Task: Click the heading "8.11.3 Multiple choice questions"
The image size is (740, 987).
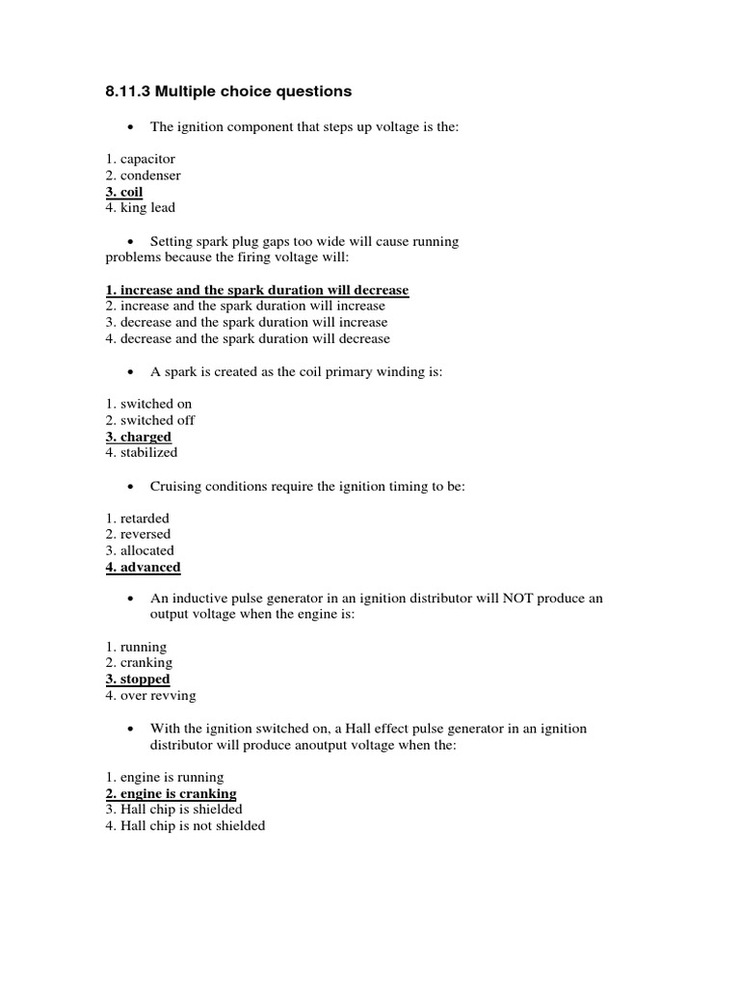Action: (x=228, y=92)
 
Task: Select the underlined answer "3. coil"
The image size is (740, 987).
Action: (x=124, y=192)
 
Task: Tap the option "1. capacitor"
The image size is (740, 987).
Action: (x=141, y=159)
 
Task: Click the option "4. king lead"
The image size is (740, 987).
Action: (x=141, y=207)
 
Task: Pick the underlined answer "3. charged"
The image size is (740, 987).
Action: (x=139, y=437)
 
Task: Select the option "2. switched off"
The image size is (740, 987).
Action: (x=150, y=420)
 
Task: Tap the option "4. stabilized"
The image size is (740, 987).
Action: (x=142, y=452)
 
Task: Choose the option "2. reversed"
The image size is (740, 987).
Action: (x=138, y=534)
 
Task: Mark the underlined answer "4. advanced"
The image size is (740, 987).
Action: (x=143, y=567)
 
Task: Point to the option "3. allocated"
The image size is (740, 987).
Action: (x=140, y=550)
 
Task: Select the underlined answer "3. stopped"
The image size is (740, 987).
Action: (x=138, y=679)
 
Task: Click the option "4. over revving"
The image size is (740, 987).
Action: (x=150, y=695)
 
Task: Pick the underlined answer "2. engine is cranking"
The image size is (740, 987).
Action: (x=171, y=793)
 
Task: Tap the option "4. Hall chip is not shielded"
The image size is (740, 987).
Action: (x=185, y=826)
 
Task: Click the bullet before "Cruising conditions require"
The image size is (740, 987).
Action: (x=130, y=488)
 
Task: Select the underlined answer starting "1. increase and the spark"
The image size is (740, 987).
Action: (x=257, y=290)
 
